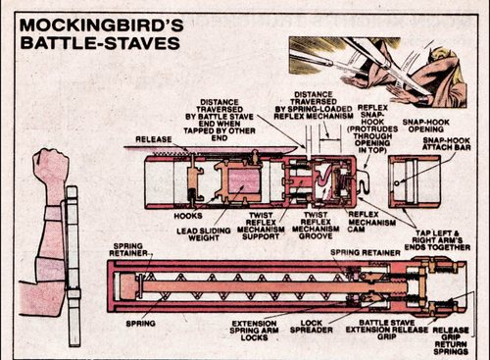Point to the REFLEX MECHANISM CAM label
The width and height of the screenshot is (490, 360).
click(x=367, y=221)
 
